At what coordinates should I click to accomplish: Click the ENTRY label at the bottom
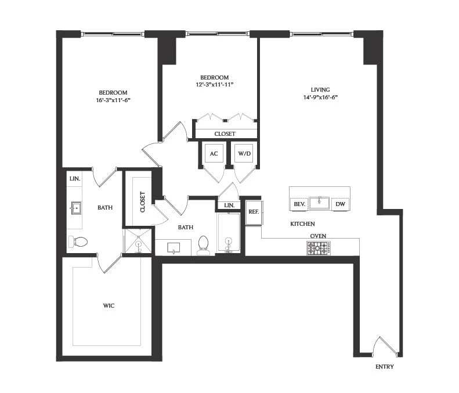pyautogui.click(x=384, y=367)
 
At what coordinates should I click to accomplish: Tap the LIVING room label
pyautogui.click(x=320, y=90)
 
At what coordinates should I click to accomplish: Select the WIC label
pyautogui.click(x=109, y=305)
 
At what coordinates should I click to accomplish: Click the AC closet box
pyautogui.click(x=213, y=154)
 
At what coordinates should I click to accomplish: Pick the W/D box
pyautogui.click(x=244, y=154)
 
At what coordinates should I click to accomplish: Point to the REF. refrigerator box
pyautogui.click(x=254, y=212)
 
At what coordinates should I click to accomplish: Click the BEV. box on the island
pyautogui.click(x=299, y=204)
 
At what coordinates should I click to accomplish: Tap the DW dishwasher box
pyautogui.click(x=340, y=204)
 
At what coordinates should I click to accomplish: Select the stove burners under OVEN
pyautogui.click(x=318, y=248)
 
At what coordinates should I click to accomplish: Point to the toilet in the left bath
pyautogui.click(x=78, y=241)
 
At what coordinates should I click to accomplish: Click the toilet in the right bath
pyautogui.click(x=203, y=245)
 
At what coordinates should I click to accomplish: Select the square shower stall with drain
pyautogui.click(x=138, y=243)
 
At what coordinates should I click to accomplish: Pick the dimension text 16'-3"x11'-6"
pyautogui.click(x=113, y=100)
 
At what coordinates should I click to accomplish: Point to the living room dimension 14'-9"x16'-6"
pyautogui.click(x=320, y=98)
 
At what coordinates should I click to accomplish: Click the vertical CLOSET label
pyautogui.click(x=143, y=201)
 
